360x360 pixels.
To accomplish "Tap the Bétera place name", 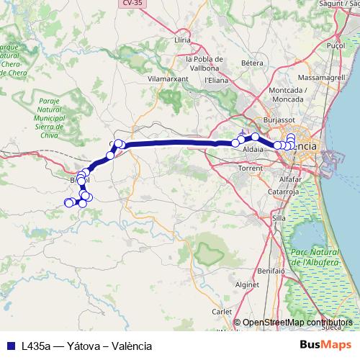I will coord(252,63).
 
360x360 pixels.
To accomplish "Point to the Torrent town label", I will coord(250,167).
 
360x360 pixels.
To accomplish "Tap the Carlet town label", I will coord(222,312).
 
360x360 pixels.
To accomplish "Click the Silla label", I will coord(279,217).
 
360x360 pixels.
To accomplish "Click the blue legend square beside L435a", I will coord(10,346).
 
